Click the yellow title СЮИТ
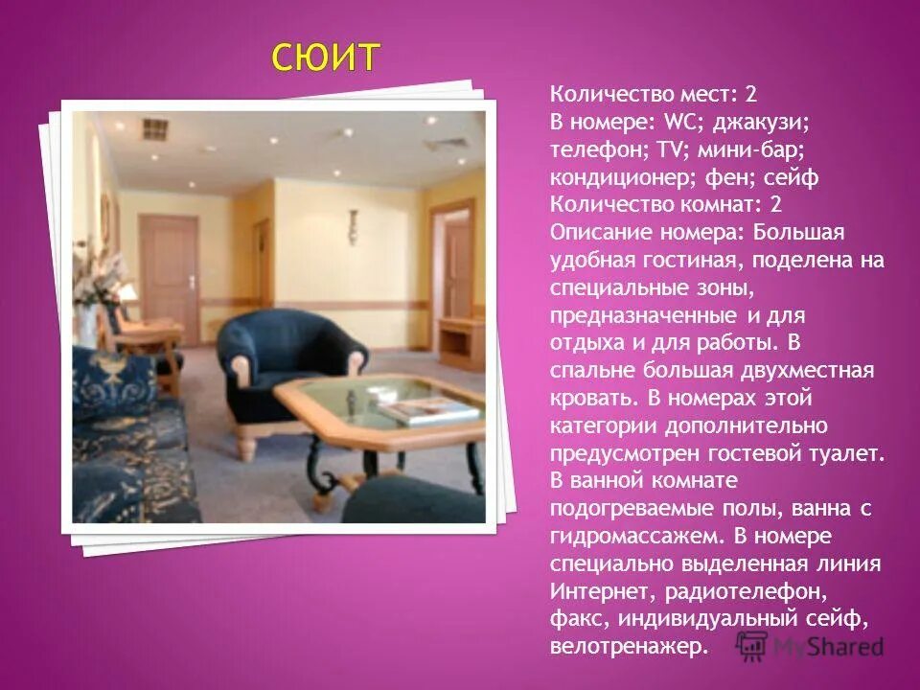tap(325, 57)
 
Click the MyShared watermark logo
tap(810, 646)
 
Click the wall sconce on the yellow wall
tap(353, 224)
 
